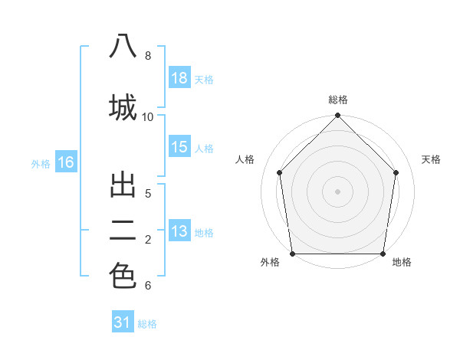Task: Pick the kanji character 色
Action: point(123,276)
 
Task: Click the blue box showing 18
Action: point(179,78)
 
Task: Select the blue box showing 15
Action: point(179,147)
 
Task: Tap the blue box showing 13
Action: point(179,231)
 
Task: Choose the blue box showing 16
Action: point(65,162)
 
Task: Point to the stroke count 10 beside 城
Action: point(148,116)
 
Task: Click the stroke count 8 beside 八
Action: point(148,56)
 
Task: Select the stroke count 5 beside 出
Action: point(148,194)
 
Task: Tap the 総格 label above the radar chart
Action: point(338,100)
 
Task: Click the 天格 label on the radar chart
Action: point(431,159)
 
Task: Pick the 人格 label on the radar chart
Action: point(245,159)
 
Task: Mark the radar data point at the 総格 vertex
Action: point(338,116)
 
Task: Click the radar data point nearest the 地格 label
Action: point(383,254)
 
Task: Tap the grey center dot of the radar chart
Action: point(338,191)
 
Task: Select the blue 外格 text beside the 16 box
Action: point(41,163)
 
